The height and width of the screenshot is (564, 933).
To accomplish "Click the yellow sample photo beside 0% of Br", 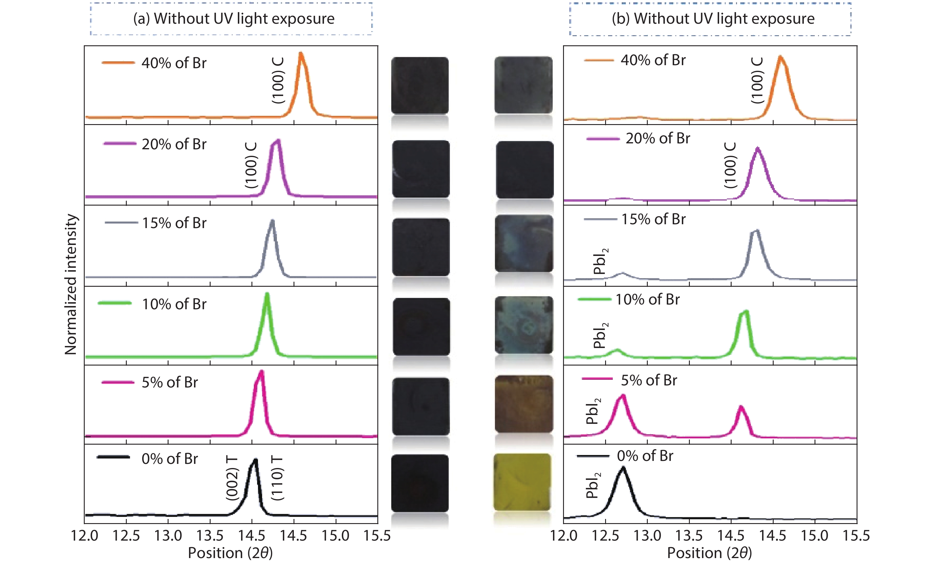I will pos(522,482).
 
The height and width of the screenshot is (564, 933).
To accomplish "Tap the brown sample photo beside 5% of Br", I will pos(524,404).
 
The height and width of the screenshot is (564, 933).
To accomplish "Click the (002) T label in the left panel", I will pos(232,478).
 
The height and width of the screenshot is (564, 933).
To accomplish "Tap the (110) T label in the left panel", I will pos(277,478).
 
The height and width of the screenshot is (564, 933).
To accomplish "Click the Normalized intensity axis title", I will pos(71,284).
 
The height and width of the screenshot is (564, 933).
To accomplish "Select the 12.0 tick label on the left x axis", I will pos(84,536).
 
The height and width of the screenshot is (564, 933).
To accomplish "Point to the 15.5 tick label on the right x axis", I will pos(856,536).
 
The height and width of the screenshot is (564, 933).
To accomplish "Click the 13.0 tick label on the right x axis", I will pos(647,536).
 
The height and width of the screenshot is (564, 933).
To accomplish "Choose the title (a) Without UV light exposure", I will pos(234,19).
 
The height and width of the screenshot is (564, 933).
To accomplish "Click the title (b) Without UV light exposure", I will pos(713,19).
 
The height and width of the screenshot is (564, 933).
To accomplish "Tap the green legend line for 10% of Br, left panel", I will pos(114,303).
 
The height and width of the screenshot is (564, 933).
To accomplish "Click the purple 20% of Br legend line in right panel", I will pos(603,139).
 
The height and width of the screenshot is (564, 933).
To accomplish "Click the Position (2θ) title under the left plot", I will pos(230,553).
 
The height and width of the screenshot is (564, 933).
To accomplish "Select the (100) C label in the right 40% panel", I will pos(757,80).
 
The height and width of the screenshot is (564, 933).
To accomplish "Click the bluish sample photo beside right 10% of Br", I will pos(524,325).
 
